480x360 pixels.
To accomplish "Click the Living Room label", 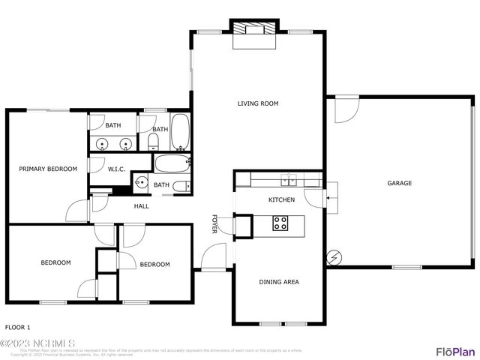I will point(258,103).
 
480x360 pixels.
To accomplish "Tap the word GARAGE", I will point(399,183).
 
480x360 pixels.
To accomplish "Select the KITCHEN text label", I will point(281,200).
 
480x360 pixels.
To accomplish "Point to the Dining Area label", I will point(279,282).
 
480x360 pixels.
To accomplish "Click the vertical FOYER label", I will point(214,224).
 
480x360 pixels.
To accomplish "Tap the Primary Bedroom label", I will point(48,169).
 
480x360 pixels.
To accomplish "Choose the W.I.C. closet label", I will point(116,169).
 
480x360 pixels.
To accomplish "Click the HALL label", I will point(141,206).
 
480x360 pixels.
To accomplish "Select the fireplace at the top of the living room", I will point(253,31).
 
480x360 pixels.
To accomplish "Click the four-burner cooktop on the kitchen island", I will point(280,223).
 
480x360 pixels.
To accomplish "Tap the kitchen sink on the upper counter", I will point(289,178).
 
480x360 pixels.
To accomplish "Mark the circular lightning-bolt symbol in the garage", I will point(334,258).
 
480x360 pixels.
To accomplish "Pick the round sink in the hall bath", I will point(140,181).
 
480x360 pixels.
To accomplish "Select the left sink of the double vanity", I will point(102,142).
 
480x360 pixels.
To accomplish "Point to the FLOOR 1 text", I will point(18,328).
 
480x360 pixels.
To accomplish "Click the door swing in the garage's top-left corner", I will point(344,110).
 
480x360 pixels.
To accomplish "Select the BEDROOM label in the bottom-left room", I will point(55,262).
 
